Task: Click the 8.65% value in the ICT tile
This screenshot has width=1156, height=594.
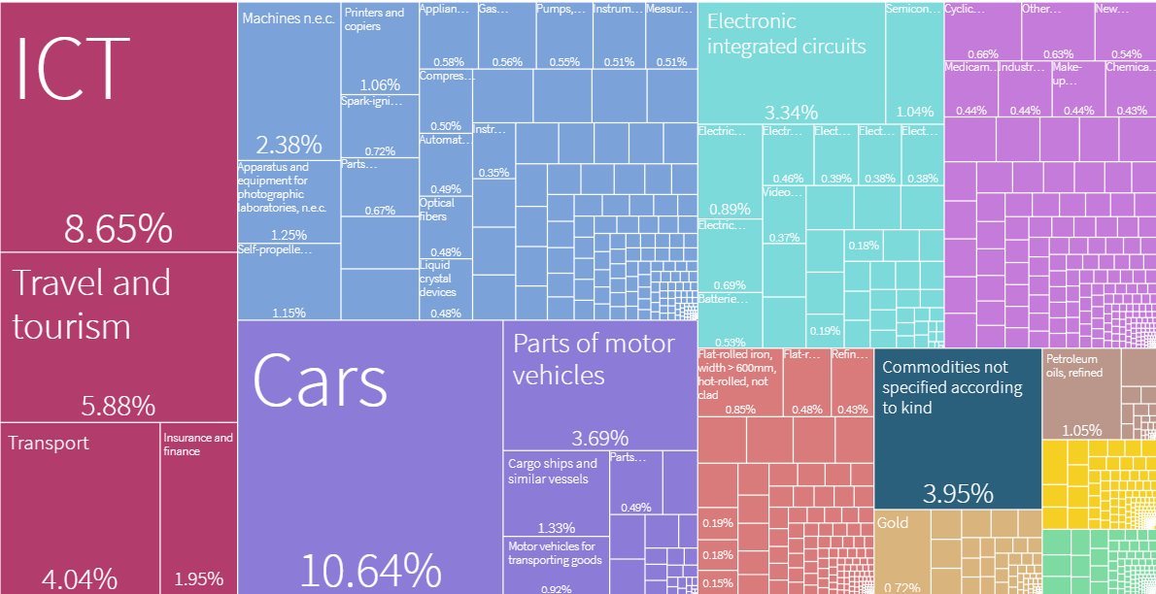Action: pos(118,229)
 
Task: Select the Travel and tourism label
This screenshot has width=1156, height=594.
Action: pos(91,304)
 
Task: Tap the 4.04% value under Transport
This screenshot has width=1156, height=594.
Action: pos(79,579)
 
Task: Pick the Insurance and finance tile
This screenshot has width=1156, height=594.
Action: pos(198,505)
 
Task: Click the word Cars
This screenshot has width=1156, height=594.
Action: pos(320,381)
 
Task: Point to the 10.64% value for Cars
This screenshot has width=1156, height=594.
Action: pos(370,569)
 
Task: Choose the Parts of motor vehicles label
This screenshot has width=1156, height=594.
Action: pos(594,359)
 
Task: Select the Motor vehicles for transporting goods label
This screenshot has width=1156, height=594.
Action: pos(555,553)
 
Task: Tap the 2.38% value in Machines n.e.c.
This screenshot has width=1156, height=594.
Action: pos(288,146)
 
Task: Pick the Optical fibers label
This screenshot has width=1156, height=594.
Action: pos(437,210)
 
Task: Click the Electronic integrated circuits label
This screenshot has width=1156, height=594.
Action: pos(787,34)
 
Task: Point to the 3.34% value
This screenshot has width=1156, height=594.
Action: pos(791,112)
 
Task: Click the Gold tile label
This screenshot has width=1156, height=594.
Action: pos(893,523)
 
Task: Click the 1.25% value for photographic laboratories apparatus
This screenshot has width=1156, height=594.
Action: pos(289,234)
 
